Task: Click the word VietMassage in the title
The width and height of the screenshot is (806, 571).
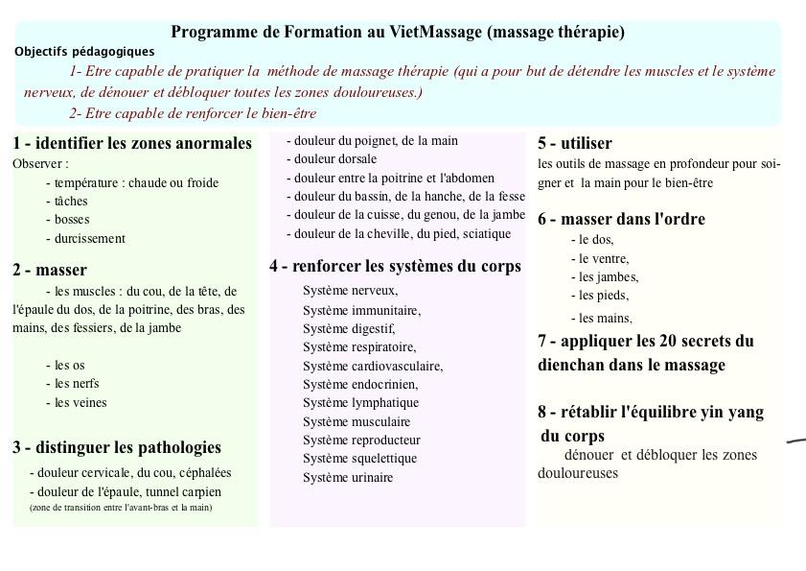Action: pos(436,32)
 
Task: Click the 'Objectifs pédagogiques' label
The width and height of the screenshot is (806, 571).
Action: pos(84,52)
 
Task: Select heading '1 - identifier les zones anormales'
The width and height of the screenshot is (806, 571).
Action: pos(132,143)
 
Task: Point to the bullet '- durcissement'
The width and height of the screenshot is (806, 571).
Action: pos(85,238)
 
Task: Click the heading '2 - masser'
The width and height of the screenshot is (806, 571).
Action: pos(50,270)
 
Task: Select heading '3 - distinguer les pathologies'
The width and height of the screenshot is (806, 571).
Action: pos(117,447)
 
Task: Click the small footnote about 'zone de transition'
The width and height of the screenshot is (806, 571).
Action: pos(121,507)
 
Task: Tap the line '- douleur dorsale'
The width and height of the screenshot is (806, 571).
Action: pos(332,159)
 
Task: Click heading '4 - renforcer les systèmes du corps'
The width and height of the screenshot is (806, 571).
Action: pos(395,266)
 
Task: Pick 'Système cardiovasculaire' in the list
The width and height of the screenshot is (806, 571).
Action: pos(373,366)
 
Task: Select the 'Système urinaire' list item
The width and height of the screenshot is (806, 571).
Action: pos(348,477)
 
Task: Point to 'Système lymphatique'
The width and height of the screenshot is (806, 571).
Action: pos(360,403)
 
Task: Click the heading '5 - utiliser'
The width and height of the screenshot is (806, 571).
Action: pos(574,143)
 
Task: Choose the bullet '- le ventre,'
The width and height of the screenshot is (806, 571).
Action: pos(600,258)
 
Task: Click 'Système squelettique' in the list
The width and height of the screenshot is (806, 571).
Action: pos(359,459)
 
